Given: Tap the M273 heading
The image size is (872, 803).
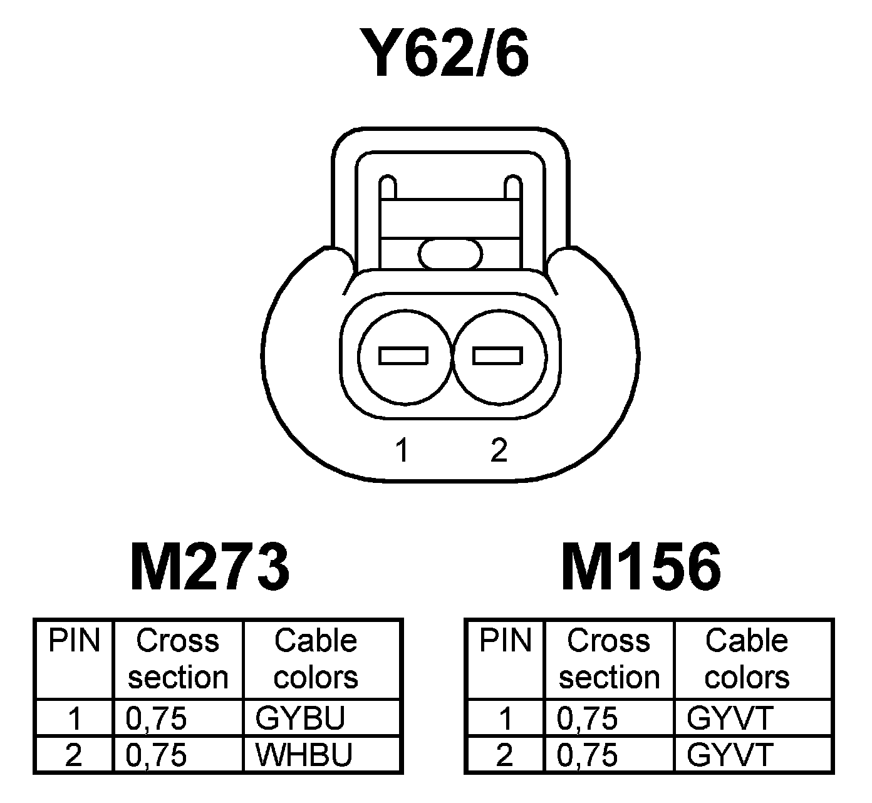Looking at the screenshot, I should [x=210, y=567].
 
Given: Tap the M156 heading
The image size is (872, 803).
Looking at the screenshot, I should [x=641, y=567].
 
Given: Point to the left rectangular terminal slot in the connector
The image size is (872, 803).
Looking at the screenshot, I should [x=403, y=356].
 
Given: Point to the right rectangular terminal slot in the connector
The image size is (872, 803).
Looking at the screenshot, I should [x=497, y=356].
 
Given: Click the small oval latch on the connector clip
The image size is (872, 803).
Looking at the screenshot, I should [x=450, y=254].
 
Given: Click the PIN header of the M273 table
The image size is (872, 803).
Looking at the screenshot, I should [x=75, y=641].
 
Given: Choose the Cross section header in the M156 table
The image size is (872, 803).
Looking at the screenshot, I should [x=609, y=659].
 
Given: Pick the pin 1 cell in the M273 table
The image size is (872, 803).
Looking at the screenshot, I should [x=75, y=718].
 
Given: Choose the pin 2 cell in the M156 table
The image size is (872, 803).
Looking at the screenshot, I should [x=505, y=755].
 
